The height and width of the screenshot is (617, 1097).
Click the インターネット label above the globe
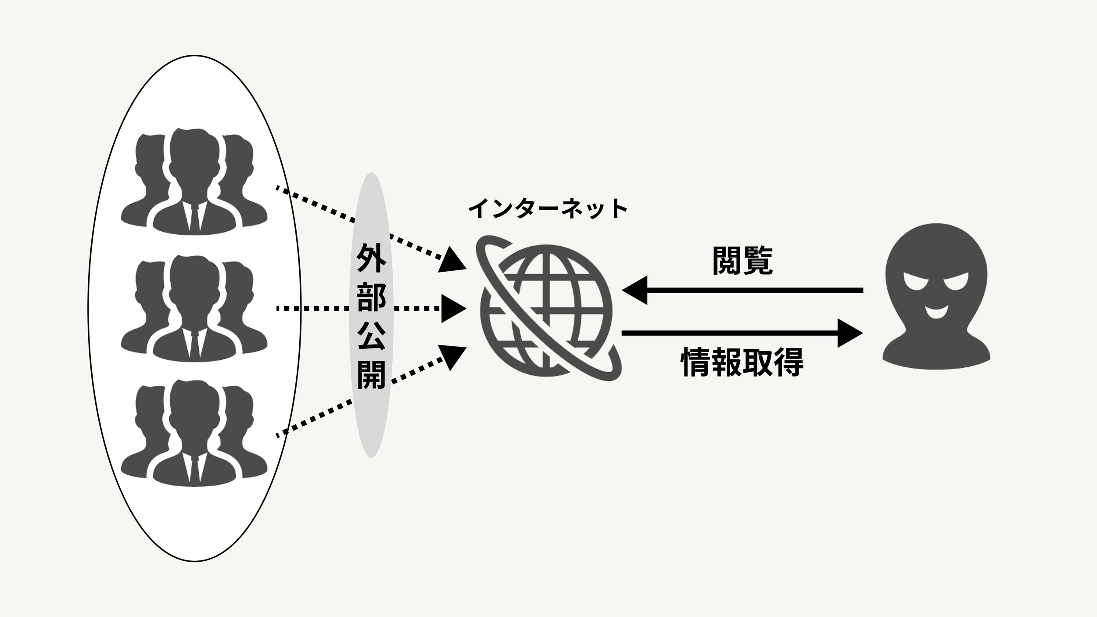point(548,209)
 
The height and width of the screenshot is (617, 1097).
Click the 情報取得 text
point(742,362)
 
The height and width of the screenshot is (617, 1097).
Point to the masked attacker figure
point(936,298)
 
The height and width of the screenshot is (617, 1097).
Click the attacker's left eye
point(916,282)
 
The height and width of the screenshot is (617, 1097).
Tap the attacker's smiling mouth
point(936,312)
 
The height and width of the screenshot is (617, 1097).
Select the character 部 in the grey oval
point(371,297)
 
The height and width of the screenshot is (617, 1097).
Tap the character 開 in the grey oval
point(371,375)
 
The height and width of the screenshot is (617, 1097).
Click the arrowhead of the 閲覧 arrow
point(636,290)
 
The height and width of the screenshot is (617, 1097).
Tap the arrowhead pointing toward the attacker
point(849,333)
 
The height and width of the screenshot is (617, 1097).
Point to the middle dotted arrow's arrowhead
point(452,308)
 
